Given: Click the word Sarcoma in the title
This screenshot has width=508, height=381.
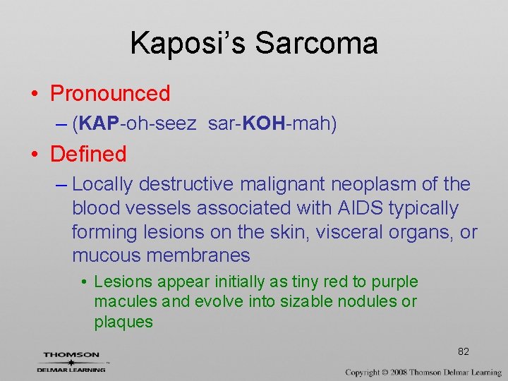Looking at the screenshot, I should pyautogui.click(x=316, y=43).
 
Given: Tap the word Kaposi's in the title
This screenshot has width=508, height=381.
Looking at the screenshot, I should pyautogui.click(x=188, y=43).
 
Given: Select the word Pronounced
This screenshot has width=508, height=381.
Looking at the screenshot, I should pyautogui.click(x=110, y=93).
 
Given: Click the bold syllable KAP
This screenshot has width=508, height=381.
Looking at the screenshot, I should pyautogui.click(x=99, y=125).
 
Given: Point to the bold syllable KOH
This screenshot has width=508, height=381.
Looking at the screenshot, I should pyautogui.click(x=262, y=125).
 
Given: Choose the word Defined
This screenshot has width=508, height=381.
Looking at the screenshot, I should pyautogui.click(x=88, y=154).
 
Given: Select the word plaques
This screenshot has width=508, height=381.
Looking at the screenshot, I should pyautogui.click(x=123, y=322).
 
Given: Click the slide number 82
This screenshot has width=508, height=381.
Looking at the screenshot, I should pyautogui.click(x=464, y=351).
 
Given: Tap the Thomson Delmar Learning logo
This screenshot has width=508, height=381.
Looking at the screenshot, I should pyautogui.click(x=71, y=361).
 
